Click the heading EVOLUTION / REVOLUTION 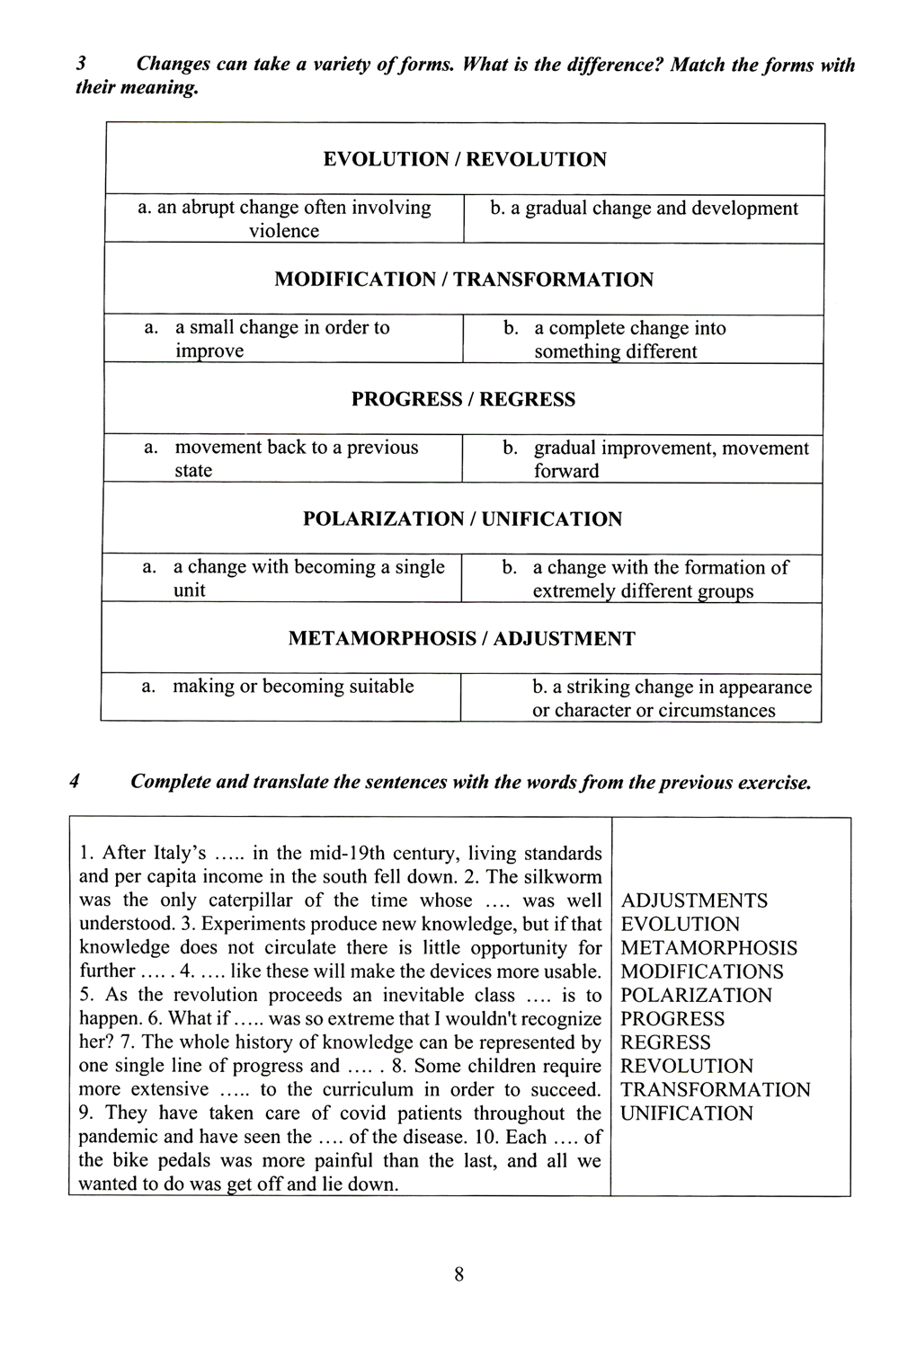(x=464, y=160)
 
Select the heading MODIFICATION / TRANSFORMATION (x=464, y=279)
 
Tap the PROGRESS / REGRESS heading (x=463, y=399)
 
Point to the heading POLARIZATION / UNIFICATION (x=462, y=519)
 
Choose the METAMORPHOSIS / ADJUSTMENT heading (x=461, y=639)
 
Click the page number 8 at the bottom (x=458, y=1273)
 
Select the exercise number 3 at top (x=82, y=65)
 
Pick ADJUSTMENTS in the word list (x=694, y=900)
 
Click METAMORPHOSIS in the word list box (x=708, y=948)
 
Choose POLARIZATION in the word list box (x=696, y=996)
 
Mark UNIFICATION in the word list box (x=687, y=1113)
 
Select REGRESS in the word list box (x=665, y=1042)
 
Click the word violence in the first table (x=284, y=231)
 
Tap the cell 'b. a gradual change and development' (x=644, y=208)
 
